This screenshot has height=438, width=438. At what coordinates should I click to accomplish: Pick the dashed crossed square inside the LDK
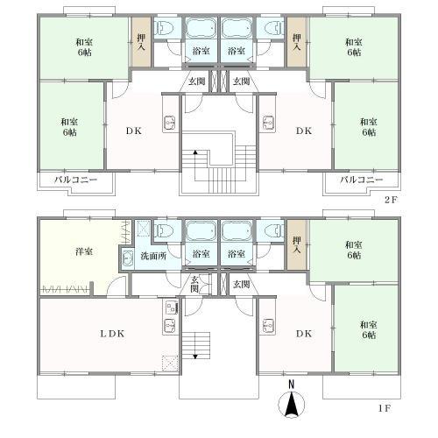click(170, 361)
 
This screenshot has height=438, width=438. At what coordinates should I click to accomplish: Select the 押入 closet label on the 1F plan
click(297, 243)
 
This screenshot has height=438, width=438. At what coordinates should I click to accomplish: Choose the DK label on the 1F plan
click(303, 335)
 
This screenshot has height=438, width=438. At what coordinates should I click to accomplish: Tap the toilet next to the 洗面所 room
click(164, 232)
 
